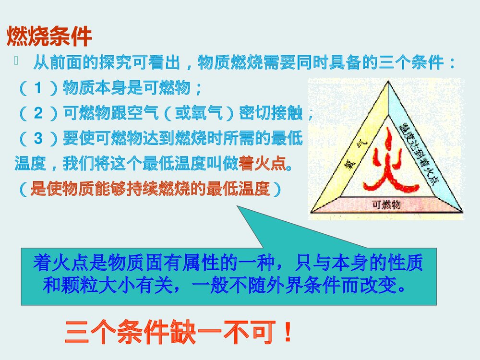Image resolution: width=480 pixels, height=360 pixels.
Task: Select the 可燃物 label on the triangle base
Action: click(x=386, y=205)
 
